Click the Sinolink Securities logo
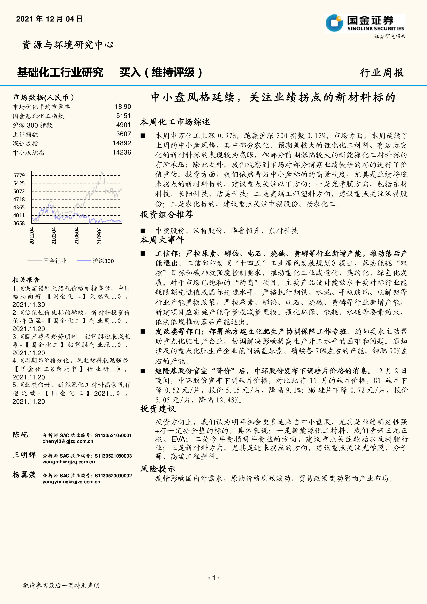coord(365,24)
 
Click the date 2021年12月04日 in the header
coord(49,19)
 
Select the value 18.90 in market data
coord(123,107)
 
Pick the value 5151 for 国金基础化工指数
coord(123,116)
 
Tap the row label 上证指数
coord(25,134)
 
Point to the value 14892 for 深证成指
coord(122,143)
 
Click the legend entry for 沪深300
coord(103,261)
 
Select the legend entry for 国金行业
coord(55,261)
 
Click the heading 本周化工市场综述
coord(175,122)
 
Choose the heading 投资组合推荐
coord(166,214)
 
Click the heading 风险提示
coord(158,469)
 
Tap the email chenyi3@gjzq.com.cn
coord(68,441)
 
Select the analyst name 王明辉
coord(24,455)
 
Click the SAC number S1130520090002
coord(113,476)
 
